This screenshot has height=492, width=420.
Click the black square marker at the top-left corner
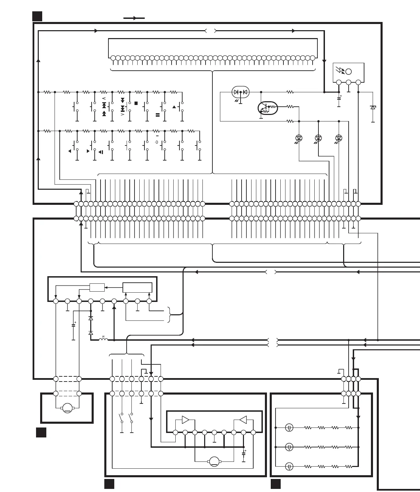37,16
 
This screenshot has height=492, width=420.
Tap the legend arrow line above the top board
134,18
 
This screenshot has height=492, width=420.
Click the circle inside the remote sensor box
349,72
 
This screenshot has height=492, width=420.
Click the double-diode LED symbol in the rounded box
241,92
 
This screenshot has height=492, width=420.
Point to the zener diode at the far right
373,107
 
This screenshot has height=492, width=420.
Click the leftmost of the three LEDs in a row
299,138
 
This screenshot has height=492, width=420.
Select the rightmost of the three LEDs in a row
339,138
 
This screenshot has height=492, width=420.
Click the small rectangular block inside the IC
97,287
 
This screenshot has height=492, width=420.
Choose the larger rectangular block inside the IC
137,287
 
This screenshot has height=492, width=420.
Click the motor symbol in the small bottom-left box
67,408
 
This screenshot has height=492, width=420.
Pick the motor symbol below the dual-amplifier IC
214,461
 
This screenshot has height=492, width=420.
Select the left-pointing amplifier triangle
243,420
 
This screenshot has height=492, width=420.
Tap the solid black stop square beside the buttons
136,103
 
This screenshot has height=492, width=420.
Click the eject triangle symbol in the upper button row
174,107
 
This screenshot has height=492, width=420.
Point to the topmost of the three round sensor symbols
290,427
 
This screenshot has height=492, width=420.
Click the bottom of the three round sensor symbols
290,467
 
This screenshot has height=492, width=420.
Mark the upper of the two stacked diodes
91,318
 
